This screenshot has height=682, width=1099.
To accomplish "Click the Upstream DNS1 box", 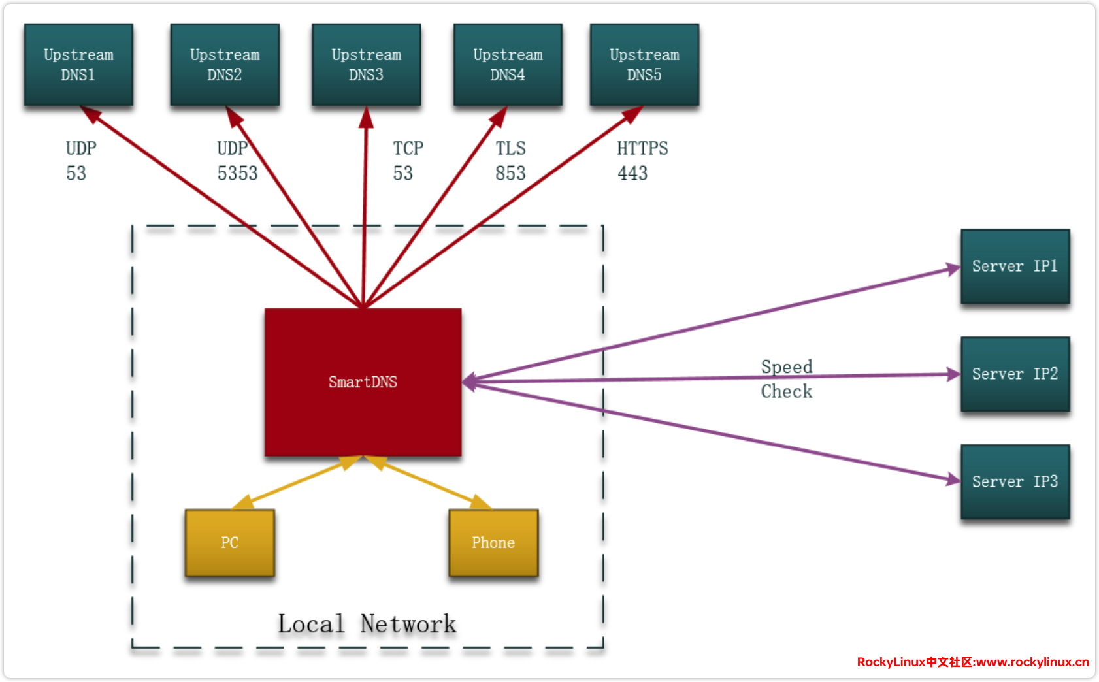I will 78,65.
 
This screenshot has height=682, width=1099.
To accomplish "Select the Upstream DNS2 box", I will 225,65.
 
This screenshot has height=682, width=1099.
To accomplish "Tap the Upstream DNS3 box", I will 367,65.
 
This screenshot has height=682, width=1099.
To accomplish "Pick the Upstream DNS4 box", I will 508,65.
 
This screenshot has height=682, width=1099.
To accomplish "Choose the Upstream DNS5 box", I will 644,65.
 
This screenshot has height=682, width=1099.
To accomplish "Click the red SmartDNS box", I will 363,382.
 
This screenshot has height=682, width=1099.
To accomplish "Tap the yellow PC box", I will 229,543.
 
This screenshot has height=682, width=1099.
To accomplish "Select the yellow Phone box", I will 493,543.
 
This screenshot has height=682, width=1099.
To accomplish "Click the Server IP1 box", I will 1015,267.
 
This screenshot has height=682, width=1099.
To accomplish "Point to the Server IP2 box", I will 1015,374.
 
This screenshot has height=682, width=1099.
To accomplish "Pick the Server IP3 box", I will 1015,482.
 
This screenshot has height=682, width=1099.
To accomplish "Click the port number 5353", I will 237,174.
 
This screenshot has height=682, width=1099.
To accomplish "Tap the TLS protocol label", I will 510,149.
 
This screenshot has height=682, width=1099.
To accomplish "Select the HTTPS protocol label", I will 642,149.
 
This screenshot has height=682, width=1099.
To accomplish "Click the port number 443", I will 632,174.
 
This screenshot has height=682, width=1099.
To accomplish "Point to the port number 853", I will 510,174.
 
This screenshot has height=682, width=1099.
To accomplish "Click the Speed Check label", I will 787,379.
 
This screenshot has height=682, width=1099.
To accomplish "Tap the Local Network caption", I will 367,625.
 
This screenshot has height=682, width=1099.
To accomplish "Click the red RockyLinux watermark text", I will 972,662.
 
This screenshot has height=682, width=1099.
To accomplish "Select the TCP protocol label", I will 408,149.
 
